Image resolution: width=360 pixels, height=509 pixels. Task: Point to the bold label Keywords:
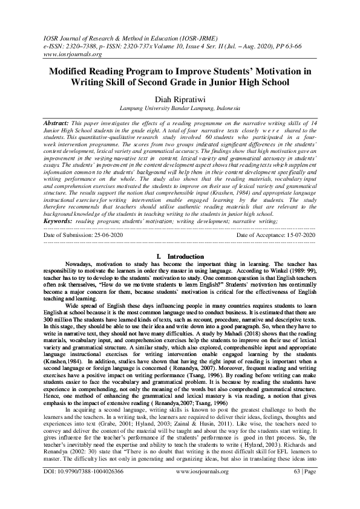point(59,221)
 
